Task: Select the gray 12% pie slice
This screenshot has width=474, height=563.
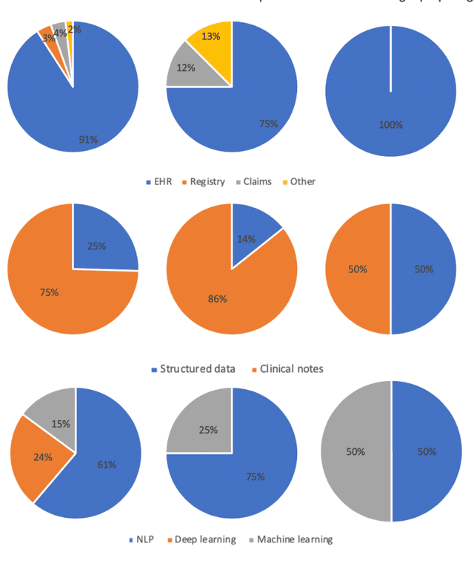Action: [185, 71]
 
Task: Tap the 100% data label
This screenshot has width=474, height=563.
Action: [390, 124]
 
